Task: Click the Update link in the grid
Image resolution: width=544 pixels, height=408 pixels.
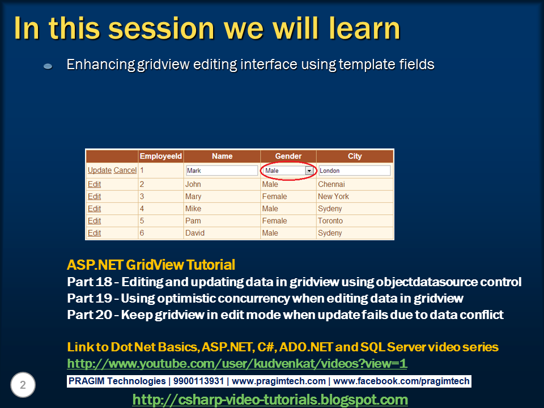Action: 100,171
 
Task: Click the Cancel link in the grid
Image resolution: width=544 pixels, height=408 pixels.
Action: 125,171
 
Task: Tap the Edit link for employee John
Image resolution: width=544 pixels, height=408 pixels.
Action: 95,184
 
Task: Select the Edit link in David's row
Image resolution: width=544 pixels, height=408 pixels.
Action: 95,233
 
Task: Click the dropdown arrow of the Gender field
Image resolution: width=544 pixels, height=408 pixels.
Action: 309,171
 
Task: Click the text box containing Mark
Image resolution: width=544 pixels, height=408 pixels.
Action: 222,171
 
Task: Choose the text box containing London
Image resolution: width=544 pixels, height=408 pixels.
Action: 355,171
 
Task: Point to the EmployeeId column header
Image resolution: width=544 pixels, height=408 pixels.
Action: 160,156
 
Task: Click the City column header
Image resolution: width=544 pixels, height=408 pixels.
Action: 355,156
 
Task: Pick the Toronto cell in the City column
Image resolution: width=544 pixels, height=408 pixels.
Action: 330,220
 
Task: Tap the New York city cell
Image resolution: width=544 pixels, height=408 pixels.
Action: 333,197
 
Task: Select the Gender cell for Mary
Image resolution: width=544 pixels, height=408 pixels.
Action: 274,197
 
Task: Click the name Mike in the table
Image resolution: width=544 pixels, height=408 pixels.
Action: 193,209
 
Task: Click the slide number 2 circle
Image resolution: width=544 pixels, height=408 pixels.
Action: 23,385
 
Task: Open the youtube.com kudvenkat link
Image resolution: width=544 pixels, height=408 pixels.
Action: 237,364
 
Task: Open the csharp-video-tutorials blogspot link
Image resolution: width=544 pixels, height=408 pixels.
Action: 270,399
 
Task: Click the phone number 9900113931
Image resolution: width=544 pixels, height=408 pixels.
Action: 198,381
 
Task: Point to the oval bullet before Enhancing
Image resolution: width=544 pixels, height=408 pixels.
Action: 48,66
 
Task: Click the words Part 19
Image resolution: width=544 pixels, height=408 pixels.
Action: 90,299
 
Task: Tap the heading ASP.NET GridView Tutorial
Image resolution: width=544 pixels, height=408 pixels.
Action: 151,265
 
